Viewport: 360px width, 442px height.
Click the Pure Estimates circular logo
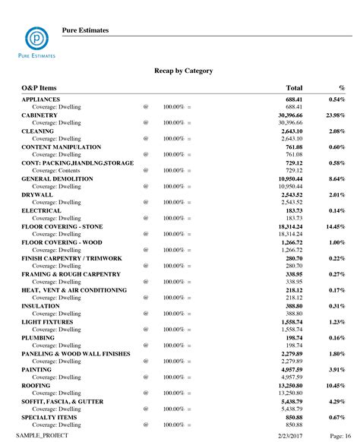pos(34,36)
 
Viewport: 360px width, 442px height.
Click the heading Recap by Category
pos(183,71)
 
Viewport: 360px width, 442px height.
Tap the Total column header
pos(294,89)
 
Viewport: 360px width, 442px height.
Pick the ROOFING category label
pos(36,386)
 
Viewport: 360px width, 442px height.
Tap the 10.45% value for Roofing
pos(336,386)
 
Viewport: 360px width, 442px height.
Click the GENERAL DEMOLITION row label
pos(57,178)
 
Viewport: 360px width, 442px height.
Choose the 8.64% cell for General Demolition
pos(338,178)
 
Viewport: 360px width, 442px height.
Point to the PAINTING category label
pos(38,370)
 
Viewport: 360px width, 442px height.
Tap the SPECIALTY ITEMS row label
pos(48,418)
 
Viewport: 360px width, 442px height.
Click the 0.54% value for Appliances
pos(338,99)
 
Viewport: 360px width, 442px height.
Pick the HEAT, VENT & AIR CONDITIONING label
pos(74,290)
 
